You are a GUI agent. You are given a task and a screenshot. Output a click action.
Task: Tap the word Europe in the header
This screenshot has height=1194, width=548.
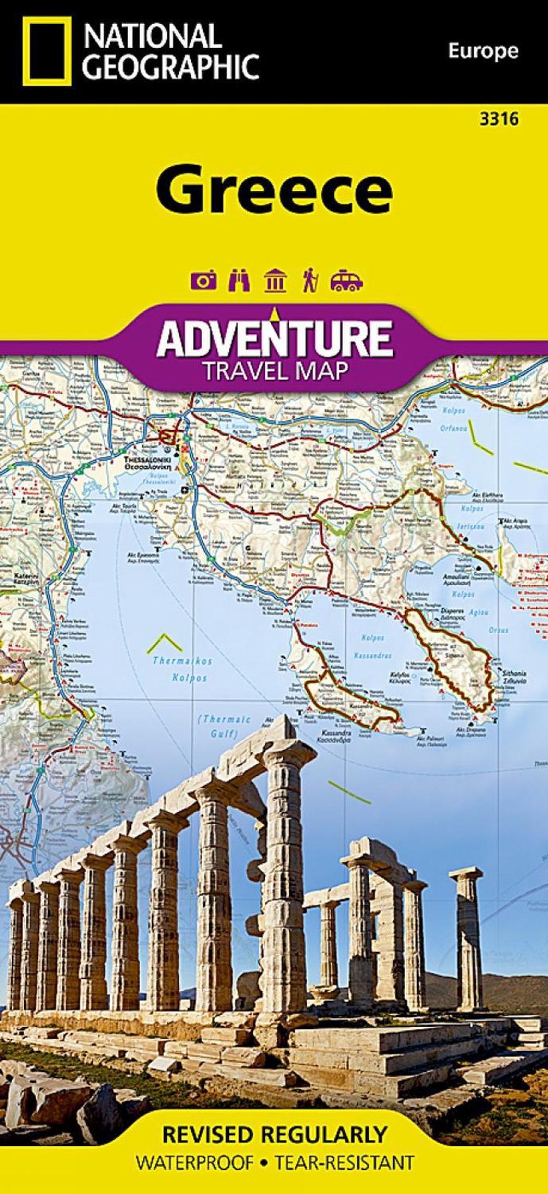[483, 51]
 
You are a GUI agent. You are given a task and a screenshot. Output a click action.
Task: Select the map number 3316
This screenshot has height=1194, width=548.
[498, 119]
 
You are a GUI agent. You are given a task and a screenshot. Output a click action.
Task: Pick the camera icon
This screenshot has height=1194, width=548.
[203, 281]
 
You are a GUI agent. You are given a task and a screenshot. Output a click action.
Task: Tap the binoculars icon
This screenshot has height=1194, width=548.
[240, 280]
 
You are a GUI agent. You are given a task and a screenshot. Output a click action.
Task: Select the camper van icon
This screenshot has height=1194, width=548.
[346, 281]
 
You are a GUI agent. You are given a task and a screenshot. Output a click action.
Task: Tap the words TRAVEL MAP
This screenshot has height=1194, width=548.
[275, 371]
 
